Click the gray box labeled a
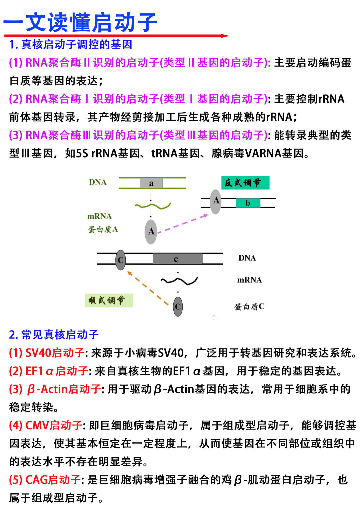pos(151,183)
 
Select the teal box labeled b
pos(248,203)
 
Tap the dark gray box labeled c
pos(178,259)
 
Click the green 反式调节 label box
pos(245,183)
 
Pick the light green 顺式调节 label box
pos(109,300)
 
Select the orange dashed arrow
pos(148,288)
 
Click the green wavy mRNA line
pos(153,206)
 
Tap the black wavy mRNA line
pos(179,281)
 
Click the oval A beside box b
pos(216,202)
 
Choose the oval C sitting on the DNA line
pos(121,260)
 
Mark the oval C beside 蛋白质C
pos(178,306)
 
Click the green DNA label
pos(98,182)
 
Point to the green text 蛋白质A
pos(103,230)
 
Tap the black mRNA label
pos(249,280)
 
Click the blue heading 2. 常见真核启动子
pos(54,334)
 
